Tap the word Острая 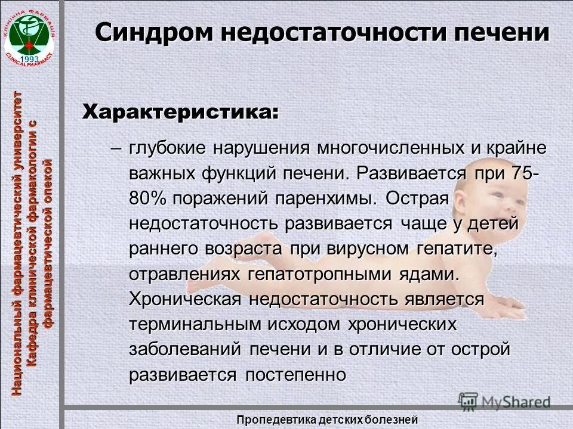coord(416,198)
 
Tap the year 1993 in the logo coord(29,58)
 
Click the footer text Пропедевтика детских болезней coord(326,419)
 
